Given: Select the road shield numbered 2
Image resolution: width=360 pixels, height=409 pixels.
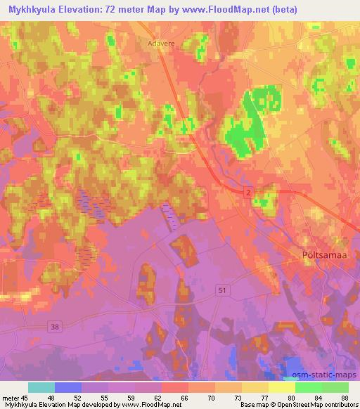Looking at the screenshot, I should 248,192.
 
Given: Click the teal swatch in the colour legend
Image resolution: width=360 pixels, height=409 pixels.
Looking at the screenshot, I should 41,387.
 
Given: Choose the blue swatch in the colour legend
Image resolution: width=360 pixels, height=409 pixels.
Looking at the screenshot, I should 68,387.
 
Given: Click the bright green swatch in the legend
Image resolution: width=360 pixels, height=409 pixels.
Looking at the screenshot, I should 308,387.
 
